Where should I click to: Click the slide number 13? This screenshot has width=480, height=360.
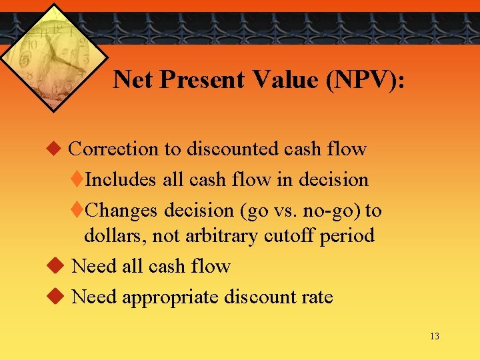pyautogui.click(x=435, y=336)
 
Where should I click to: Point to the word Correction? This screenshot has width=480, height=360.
pyautogui.click(x=114, y=149)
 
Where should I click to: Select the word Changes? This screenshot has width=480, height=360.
pyautogui.click(x=123, y=211)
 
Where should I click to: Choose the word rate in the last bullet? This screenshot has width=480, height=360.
pyautogui.click(x=315, y=297)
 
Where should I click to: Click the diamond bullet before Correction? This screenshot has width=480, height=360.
pyautogui.click(x=55, y=149)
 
